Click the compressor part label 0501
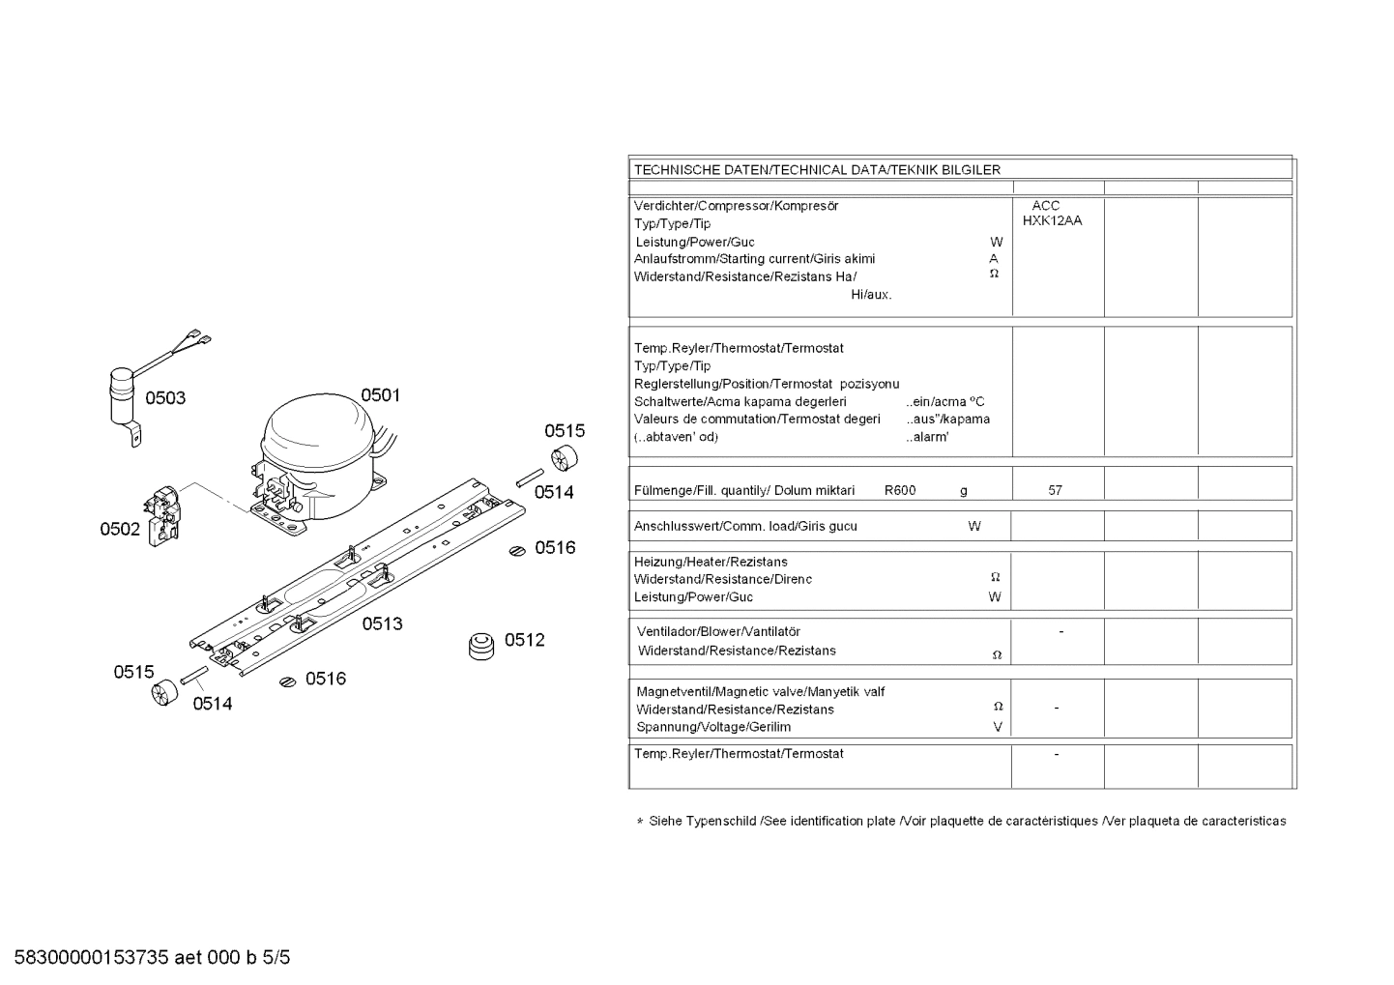point(380,394)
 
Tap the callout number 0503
point(165,398)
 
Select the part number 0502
point(120,530)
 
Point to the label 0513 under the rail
point(382,623)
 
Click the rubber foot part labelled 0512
point(480,647)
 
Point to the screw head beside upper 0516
point(518,551)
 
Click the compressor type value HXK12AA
point(1052,220)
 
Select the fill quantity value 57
point(1055,490)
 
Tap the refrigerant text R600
point(899,490)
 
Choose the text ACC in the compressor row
point(1045,205)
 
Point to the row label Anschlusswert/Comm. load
point(744,527)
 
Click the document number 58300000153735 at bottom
point(92,958)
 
